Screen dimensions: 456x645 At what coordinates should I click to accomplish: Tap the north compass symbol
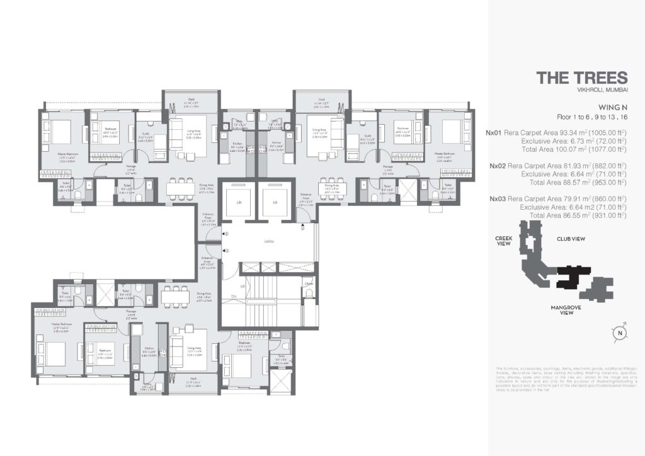click(620, 333)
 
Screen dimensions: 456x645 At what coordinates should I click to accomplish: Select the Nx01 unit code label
click(495, 133)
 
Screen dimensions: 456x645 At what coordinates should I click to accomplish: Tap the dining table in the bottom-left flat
click(175, 296)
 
